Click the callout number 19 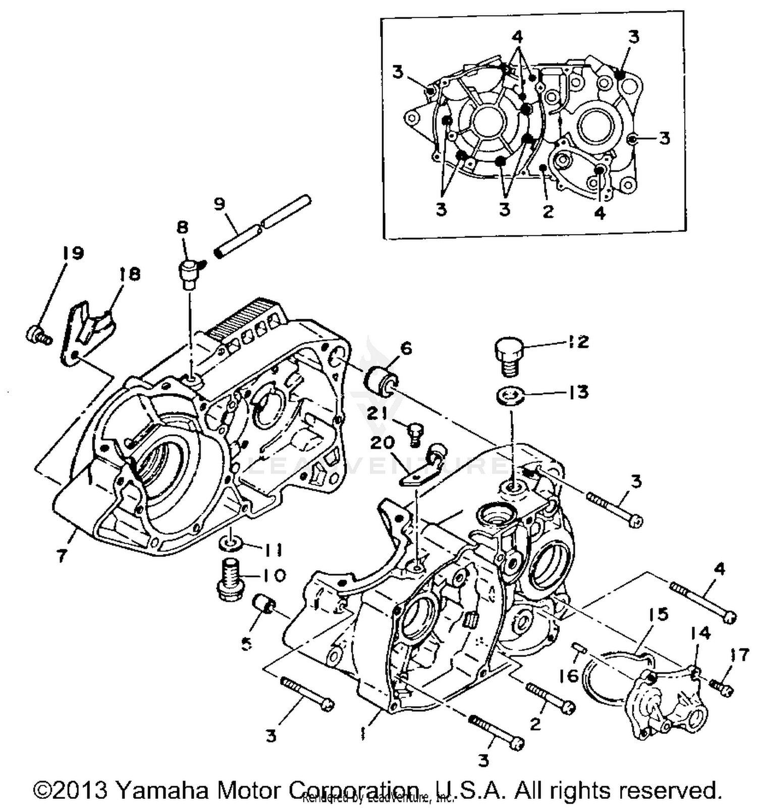click(73, 252)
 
